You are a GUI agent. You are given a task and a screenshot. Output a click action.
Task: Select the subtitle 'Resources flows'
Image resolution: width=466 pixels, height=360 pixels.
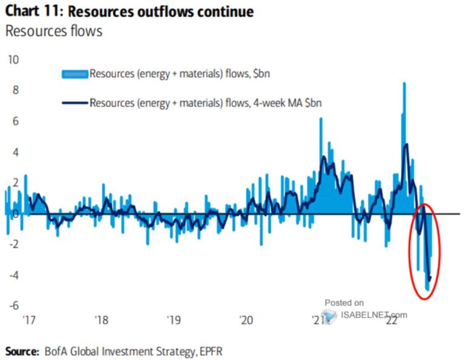pos(53,32)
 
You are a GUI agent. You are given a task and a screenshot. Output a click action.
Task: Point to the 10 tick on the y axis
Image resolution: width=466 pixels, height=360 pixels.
pos(13,59)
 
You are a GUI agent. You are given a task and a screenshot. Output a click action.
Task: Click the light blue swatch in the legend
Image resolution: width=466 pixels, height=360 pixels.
pos(75,74)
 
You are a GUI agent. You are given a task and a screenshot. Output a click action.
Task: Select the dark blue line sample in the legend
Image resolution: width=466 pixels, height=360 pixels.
pos(75,103)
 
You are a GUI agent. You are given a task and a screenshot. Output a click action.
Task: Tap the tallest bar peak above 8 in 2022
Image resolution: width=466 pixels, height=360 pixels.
pos(404,84)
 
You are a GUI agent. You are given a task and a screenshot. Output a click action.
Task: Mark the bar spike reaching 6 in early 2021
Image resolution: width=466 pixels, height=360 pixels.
pos(320,120)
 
